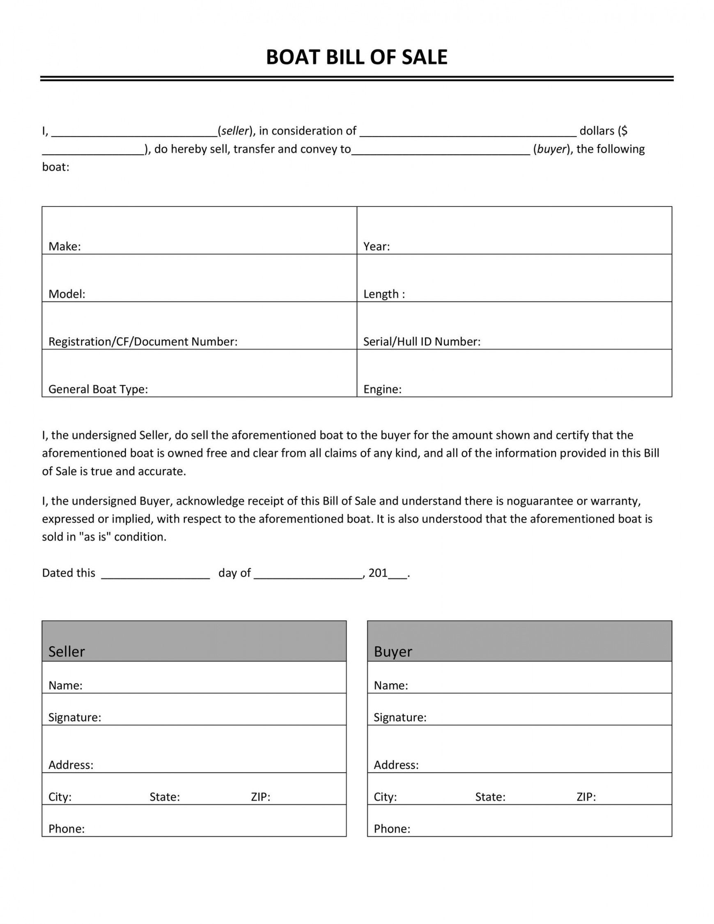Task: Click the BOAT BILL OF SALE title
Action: click(356, 57)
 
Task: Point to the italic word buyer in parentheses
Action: click(551, 149)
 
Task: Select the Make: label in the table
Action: click(64, 247)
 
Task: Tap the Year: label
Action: click(376, 247)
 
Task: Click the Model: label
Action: click(67, 294)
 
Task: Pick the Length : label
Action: click(383, 294)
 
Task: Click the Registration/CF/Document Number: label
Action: click(142, 342)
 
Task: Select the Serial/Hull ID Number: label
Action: click(421, 342)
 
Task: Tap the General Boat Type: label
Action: click(98, 389)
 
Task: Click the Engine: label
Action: click(382, 389)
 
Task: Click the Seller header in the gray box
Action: click(67, 652)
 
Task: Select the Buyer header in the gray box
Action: click(393, 652)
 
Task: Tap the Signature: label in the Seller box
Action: click(74, 717)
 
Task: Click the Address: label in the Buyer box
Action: click(396, 765)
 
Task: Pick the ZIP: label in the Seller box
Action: click(260, 797)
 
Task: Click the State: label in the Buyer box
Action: click(490, 797)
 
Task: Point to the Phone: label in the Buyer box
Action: click(392, 829)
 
